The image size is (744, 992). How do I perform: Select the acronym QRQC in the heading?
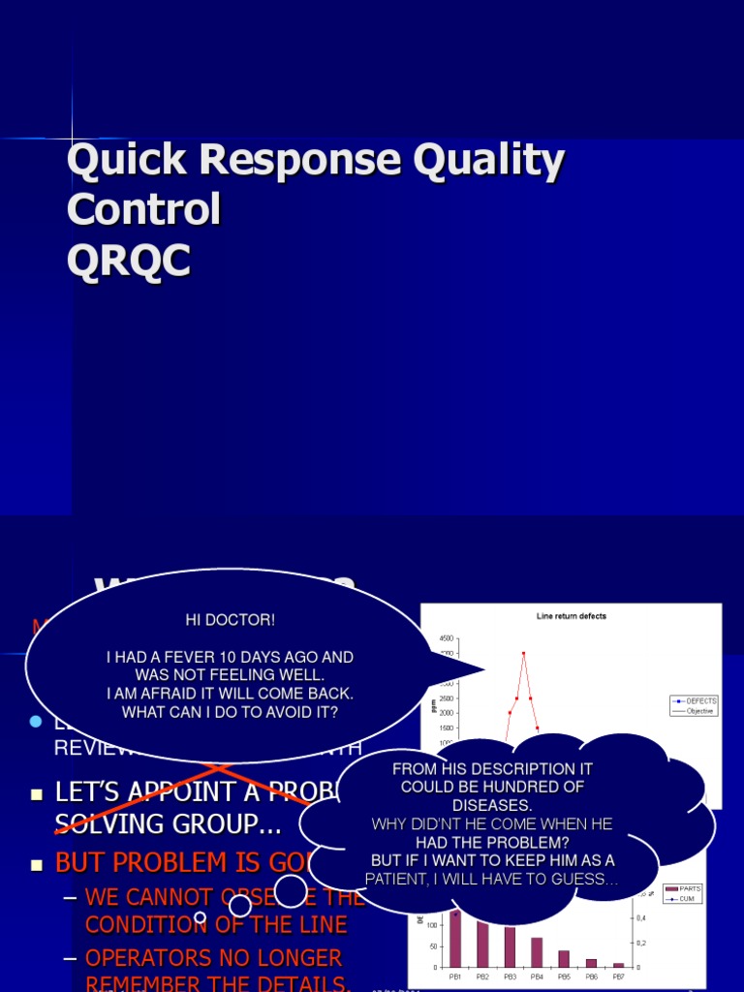129,262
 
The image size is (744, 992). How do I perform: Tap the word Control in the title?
143,210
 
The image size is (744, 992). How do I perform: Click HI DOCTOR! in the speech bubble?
231,619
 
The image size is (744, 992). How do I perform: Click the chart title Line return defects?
572,616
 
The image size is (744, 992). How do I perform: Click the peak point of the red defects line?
523,653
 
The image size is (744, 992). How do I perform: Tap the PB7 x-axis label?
618,977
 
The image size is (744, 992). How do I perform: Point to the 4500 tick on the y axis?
446,638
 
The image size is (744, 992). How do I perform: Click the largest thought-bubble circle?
293,890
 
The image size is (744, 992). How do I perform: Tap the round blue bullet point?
37,722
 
